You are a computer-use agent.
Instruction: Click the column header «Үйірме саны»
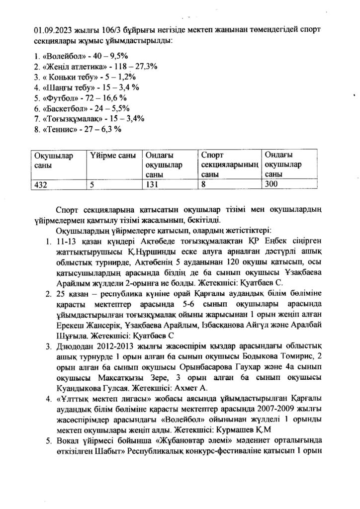113,156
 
